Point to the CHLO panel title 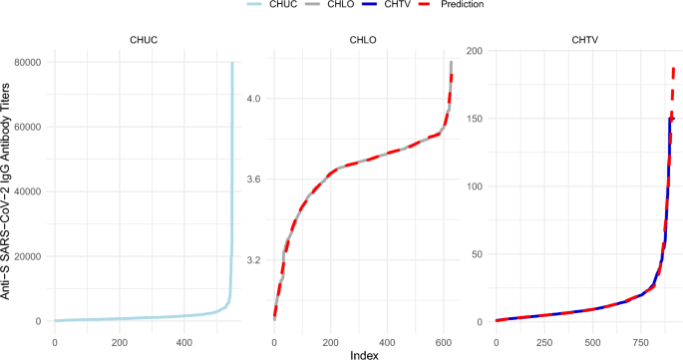(362, 42)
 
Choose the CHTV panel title (583, 42)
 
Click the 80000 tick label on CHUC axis (26, 63)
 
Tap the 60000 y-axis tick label (26, 127)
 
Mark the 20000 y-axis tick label (26, 256)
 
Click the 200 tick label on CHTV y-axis (476, 51)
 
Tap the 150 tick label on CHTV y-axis (476, 119)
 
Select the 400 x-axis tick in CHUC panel (184, 343)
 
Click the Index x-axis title (362, 353)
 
